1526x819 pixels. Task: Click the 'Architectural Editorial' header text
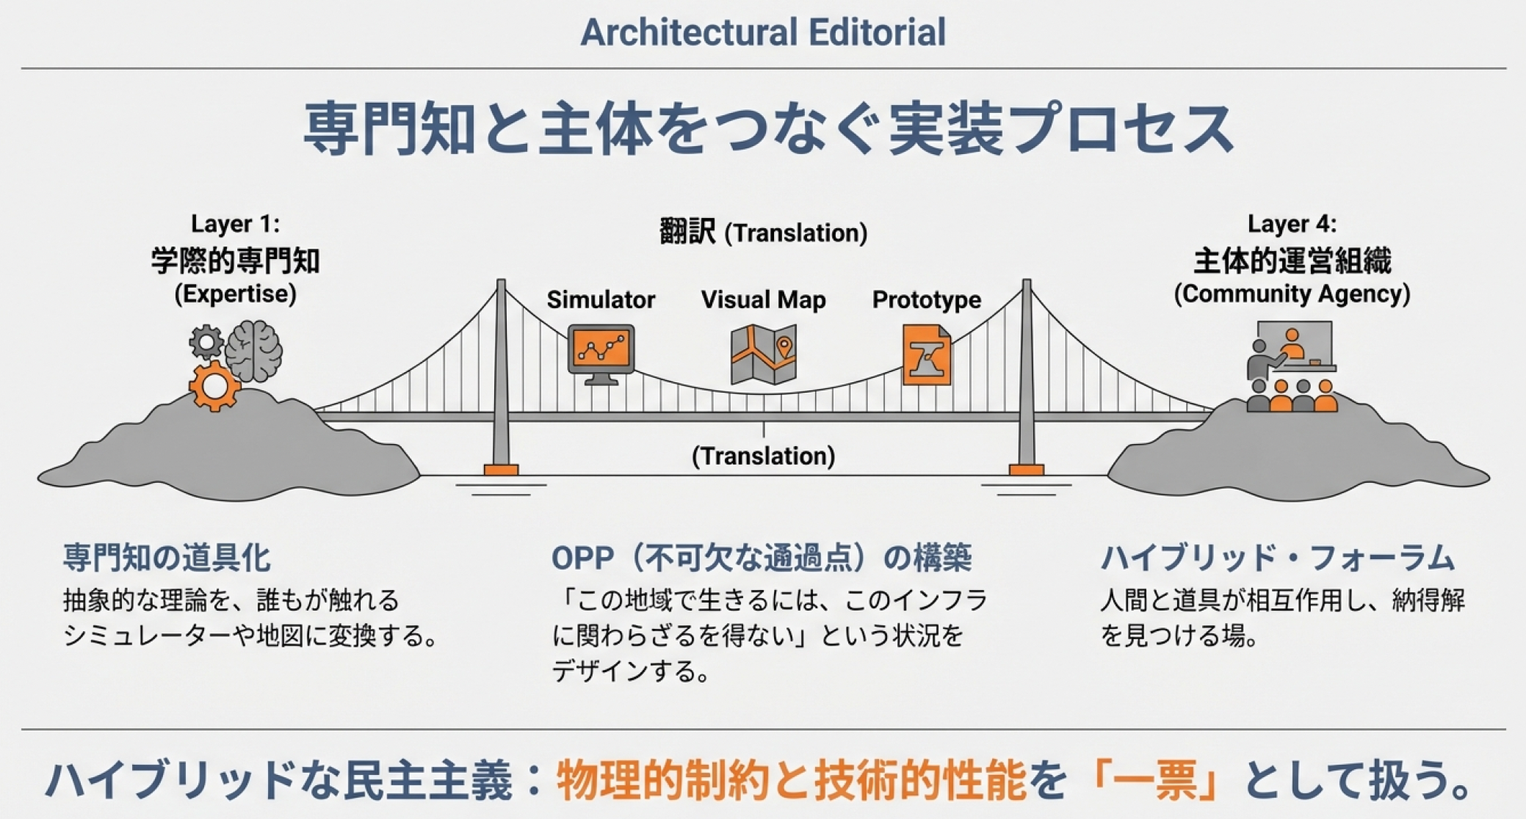(x=763, y=32)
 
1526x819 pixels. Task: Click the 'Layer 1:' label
(x=235, y=224)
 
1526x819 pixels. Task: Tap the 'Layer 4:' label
(x=1292, y=224)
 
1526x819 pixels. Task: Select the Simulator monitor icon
(x=601, y=354)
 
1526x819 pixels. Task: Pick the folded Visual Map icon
(x=764, y=355)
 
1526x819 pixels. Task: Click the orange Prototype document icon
(x=927, y=355)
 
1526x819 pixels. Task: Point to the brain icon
(x=253, y=352)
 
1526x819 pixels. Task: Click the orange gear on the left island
(x=214, y=385)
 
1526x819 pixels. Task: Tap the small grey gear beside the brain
(x=206, y=342)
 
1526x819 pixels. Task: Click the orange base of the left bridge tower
(x=501, y=470)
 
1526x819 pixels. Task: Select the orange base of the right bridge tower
(x=1027, y=470)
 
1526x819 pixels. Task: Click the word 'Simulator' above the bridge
(x=601, y=299)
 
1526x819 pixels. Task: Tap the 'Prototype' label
(x=927, y=299)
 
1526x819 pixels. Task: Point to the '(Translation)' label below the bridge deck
(x=764, y=456)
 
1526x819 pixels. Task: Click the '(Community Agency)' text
(x=1292, y=294)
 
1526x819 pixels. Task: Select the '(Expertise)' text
(x=235, y=294)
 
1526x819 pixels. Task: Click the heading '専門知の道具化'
(x=167, y=558)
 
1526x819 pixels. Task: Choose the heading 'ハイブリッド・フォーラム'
(x=1277, y=558)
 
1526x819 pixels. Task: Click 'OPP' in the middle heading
(x=582, y=558)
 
